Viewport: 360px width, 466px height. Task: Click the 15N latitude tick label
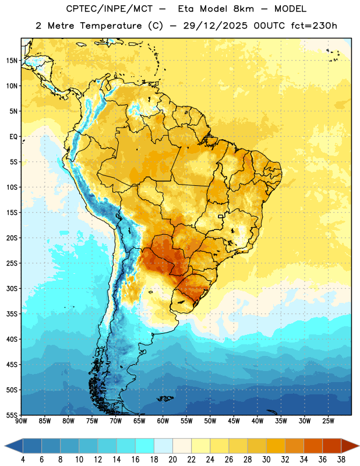[12, 61]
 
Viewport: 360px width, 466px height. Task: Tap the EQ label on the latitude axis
[13, 137]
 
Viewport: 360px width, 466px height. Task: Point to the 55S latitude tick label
[12, 415]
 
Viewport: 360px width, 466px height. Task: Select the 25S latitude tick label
[12, 263]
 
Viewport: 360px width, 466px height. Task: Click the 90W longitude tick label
[21, 421]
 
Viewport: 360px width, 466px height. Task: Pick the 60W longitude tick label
[163, 421]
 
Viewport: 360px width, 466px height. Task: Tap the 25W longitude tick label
[328, 421]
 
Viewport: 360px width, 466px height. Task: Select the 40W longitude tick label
[257, 421]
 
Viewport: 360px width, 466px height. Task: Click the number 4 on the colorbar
[23, 460]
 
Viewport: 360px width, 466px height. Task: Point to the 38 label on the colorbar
[341, 460]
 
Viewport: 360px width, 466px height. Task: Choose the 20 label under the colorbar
[172, 460]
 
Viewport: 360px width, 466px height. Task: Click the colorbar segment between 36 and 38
[332, 447]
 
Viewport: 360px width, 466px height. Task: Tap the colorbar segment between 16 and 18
[145, 447]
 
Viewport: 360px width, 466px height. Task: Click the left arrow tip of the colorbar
[5, 447]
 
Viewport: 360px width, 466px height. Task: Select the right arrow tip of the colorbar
[359, 447]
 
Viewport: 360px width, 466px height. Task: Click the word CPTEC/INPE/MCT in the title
[109, 9]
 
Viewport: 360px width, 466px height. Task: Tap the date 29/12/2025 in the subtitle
[215, 26]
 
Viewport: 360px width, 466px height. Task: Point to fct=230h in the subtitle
[314, 26]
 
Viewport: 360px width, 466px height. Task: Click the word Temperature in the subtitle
[111, 26]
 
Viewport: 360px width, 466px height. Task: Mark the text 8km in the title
[243, 9]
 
